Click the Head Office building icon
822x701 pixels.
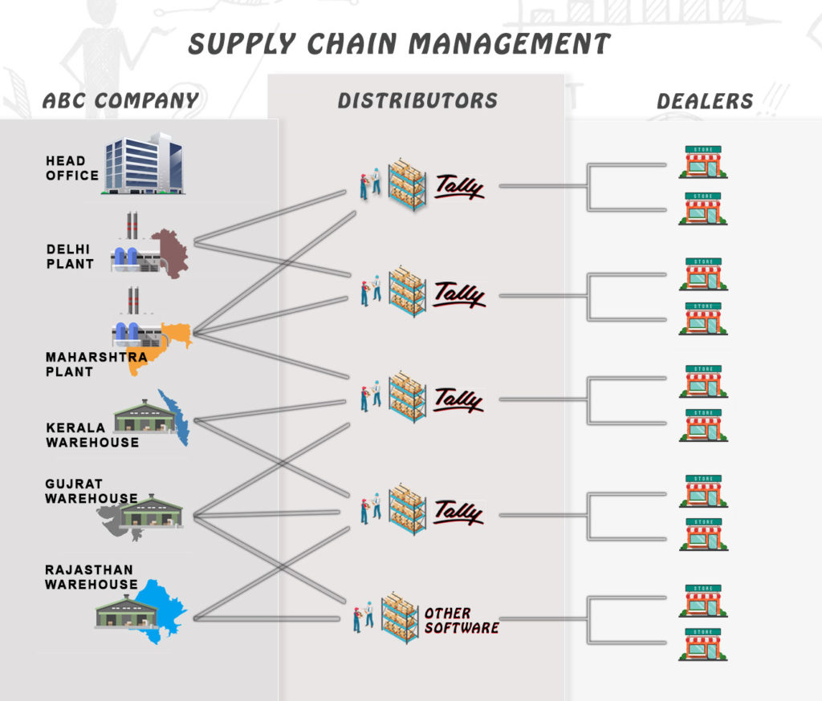coord(144,164)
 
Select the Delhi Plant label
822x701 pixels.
coord(70,256)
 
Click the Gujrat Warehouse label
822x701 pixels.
coord(91,491)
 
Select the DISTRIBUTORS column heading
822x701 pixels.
coord(417,100)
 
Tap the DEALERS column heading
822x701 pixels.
coord(705,101)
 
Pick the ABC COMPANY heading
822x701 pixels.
coord(120,100)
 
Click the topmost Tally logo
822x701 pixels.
coord(459,187)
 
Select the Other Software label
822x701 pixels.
coord(461,620)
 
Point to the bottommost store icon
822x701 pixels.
coord(703,645)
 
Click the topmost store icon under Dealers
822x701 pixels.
coord(703,161)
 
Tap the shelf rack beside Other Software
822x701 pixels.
coord(399,618)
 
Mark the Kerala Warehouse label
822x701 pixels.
coord(92,435)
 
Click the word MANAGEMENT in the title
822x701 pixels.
coord(501,43)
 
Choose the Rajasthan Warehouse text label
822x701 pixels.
coord(91,577)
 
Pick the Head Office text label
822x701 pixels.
coord(71,168)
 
